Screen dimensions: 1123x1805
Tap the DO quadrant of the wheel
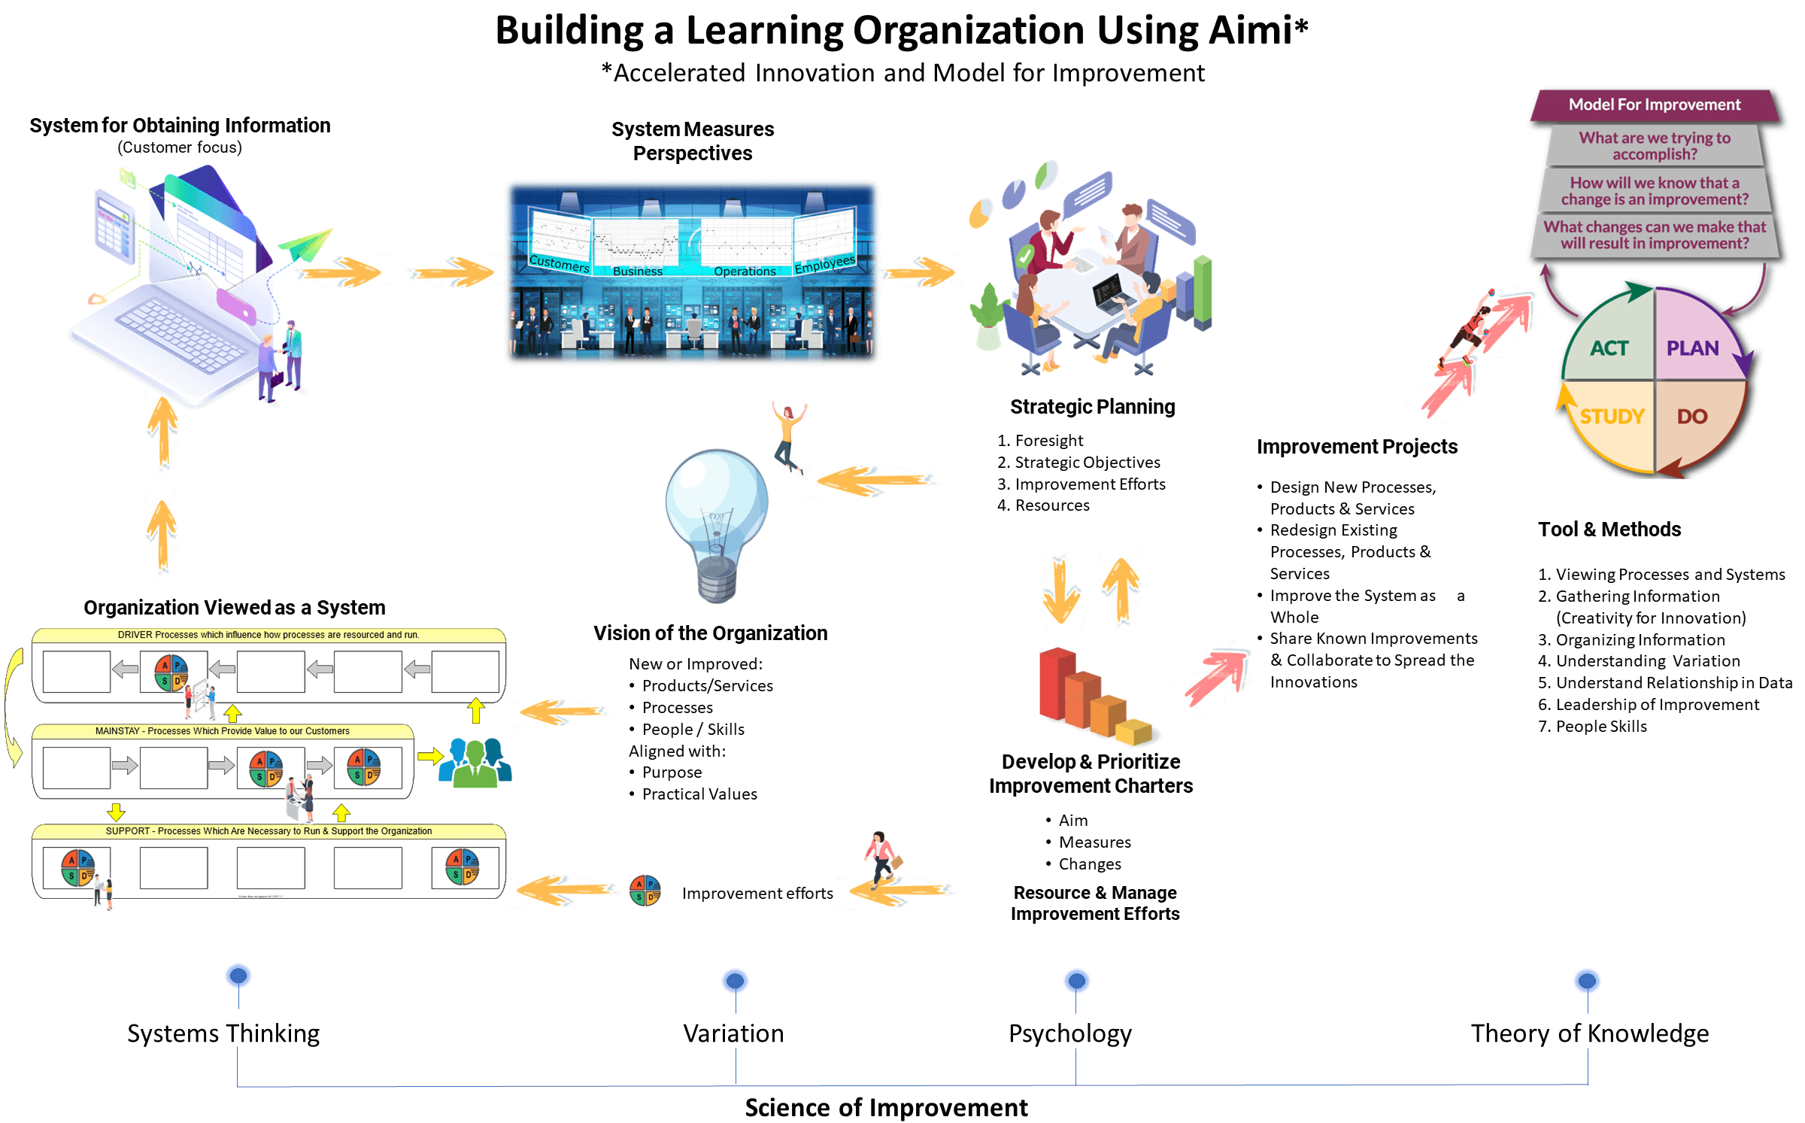point(1692,417)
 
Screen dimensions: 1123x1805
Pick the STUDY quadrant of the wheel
point(1609,417)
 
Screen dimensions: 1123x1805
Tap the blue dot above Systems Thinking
point(238,976)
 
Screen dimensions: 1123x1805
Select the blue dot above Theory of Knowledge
point(1587,981)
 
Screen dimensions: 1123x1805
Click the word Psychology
point(1069,1033)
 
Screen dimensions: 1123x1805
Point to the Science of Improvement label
point(886,1107)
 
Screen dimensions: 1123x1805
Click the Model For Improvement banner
point(1655,105)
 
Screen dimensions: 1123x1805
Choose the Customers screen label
point(560,263)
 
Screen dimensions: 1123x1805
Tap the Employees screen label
point(825,264)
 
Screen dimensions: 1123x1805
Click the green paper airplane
point(307,244)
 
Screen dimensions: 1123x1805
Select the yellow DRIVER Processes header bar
point(268,635)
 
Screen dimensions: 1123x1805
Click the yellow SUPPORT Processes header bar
point(268,831)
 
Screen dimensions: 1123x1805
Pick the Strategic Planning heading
point(1093,407)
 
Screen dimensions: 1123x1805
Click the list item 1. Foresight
point(1041,441)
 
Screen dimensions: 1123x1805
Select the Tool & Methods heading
point(1609,530)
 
